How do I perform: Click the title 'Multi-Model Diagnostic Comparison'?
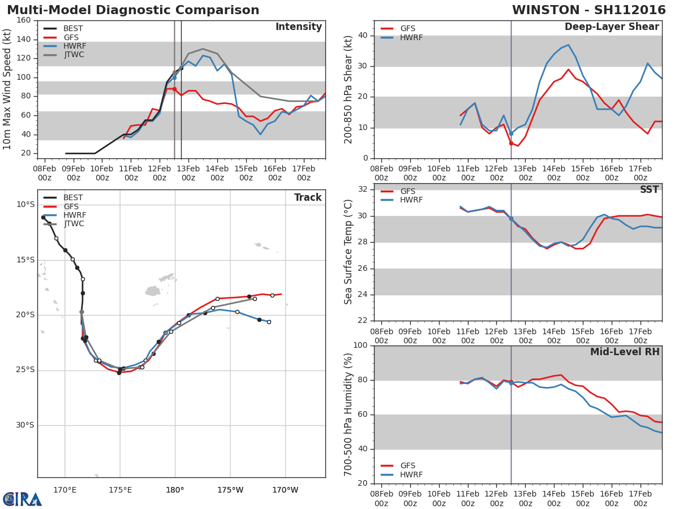133,10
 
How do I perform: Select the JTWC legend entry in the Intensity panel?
73,55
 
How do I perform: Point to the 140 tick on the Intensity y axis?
23,40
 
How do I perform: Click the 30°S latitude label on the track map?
25,425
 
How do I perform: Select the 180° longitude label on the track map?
174,490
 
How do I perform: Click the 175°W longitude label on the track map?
230,490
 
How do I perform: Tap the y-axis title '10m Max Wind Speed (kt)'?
7,89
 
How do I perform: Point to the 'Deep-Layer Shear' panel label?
612,27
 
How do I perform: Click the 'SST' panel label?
649,190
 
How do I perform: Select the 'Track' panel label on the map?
308,197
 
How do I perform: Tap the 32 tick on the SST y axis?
363,189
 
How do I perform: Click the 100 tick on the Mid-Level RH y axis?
360,346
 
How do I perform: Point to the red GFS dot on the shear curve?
511,143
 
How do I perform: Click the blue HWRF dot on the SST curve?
511,218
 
